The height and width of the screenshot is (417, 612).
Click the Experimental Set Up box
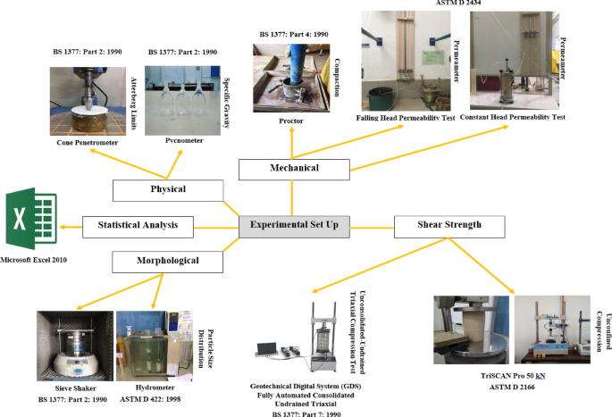pos(295,227)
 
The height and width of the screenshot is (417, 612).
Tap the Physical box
pos(167,189)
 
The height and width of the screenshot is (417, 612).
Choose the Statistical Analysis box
pos(138,227)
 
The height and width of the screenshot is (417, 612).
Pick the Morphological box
pos(167,262)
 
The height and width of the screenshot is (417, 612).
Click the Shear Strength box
pos(437,227)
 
